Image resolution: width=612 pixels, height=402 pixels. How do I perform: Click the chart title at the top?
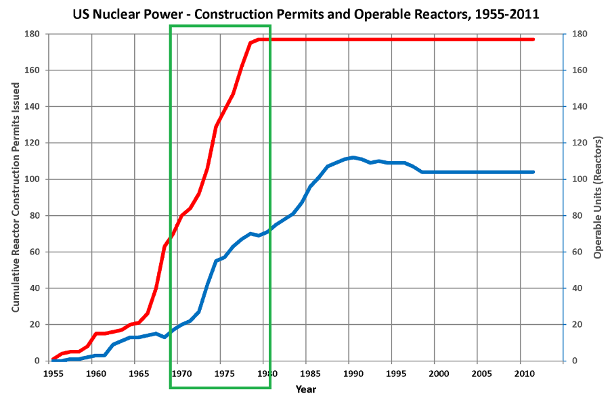306,14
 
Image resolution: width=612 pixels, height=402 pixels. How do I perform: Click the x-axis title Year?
306,389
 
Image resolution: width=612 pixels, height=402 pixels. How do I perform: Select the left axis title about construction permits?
15,197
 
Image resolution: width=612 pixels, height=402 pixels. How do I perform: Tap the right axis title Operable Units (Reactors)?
598,197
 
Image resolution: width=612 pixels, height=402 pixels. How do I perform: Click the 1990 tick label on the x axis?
350,373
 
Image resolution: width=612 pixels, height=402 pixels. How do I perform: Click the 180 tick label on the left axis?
32,34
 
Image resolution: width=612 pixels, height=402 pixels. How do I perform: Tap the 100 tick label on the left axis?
32,179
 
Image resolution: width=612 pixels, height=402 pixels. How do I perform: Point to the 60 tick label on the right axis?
577,252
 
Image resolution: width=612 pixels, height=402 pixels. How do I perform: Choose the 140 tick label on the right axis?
580,106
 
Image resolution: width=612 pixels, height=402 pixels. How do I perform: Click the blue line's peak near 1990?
353,158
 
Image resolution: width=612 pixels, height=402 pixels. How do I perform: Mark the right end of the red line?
533,39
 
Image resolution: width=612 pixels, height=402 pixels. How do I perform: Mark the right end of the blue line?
533,172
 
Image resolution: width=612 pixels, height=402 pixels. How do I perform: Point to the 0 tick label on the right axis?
575,361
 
